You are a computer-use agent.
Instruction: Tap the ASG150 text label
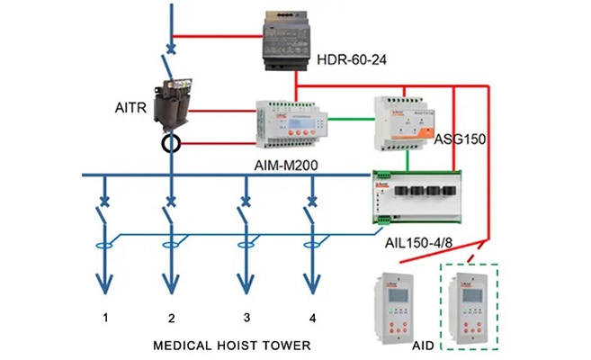[461, 140]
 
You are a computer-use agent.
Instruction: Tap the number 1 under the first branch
[105, 318]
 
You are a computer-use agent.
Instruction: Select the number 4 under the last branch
[311, 318]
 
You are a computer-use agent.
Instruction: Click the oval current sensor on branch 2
[170, 243]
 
